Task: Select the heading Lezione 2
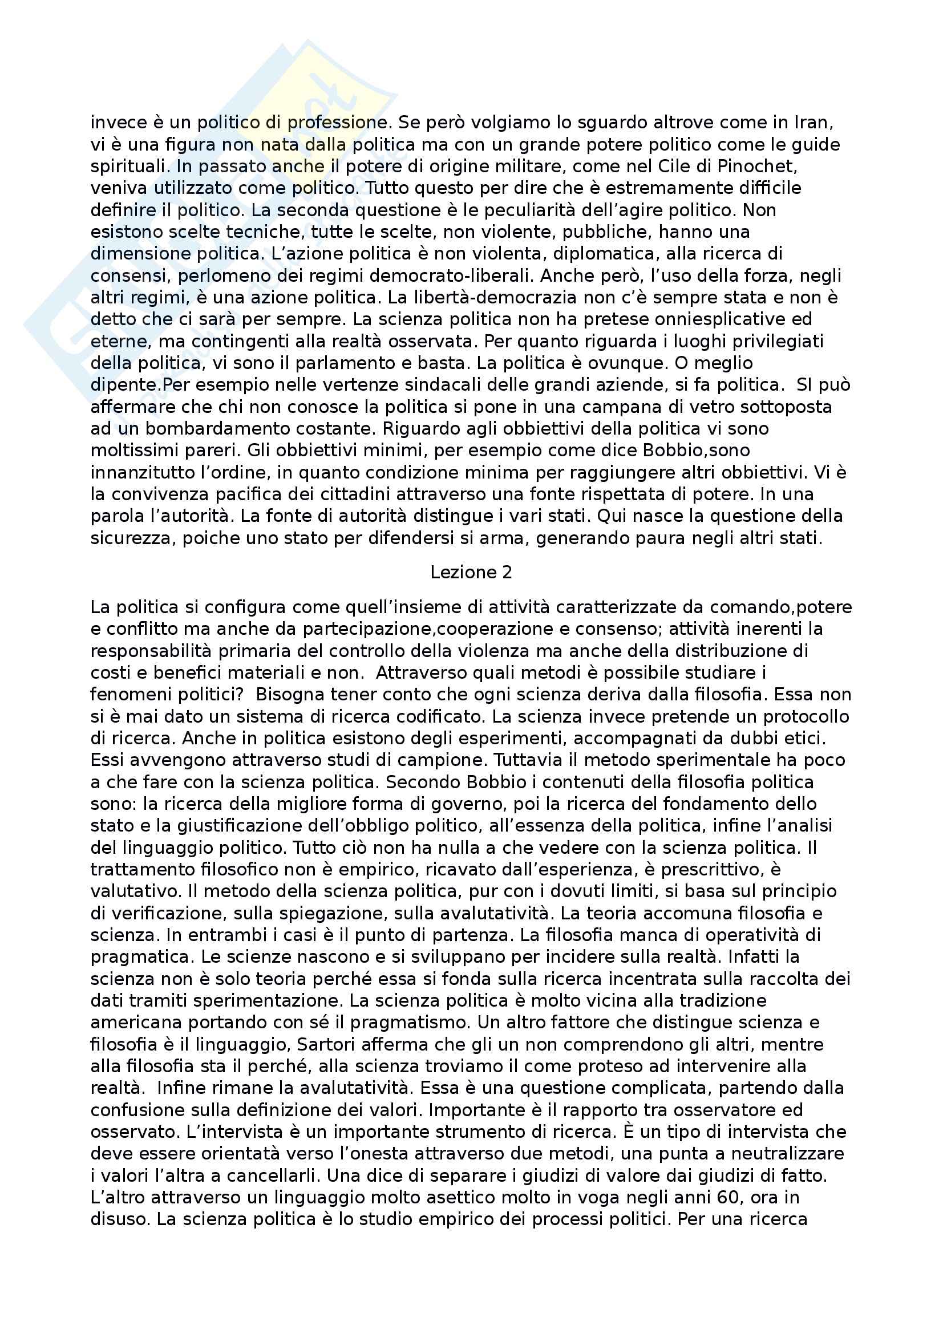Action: click(471, 572)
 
